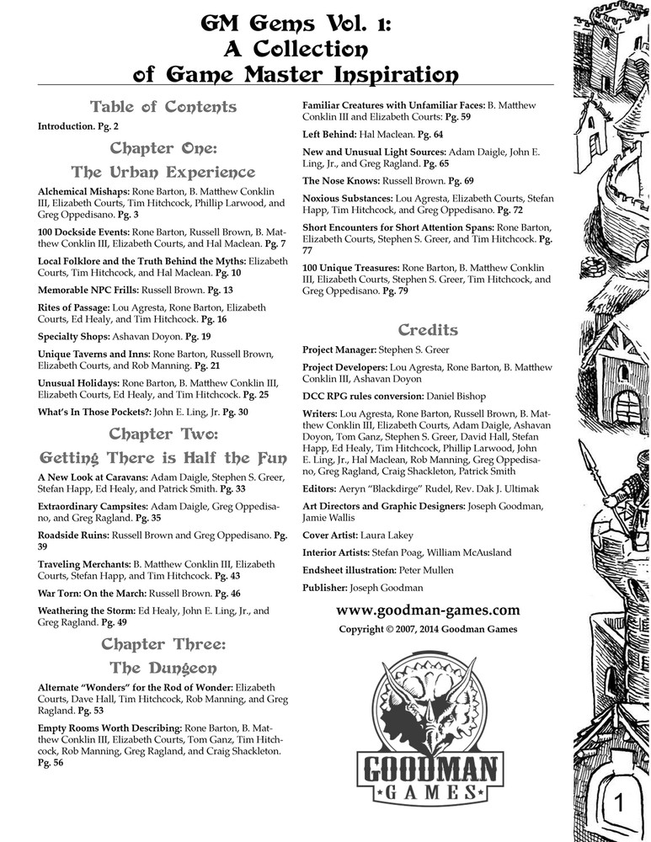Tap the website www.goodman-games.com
click(x=428, y=610)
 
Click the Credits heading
click(x=428, y=329)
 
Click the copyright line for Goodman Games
click(x=428, y=629)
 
